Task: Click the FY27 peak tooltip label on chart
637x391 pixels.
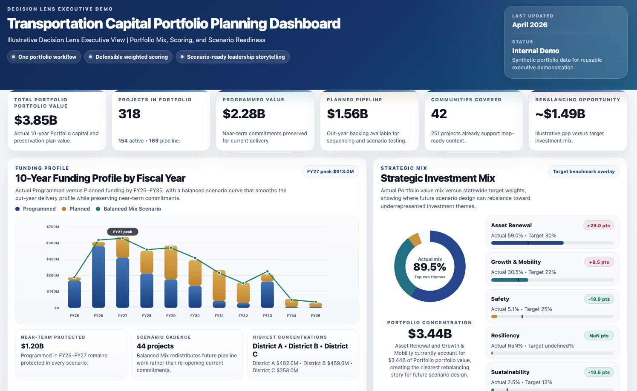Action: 123,232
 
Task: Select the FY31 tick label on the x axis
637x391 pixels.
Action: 219,316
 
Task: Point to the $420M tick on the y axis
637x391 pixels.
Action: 53,259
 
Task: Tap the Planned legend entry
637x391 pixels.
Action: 79,209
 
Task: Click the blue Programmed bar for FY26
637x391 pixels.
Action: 98,277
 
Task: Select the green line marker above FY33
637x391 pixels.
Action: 267,271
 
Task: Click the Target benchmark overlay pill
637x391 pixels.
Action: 583,171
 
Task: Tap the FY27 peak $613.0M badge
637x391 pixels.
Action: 330,171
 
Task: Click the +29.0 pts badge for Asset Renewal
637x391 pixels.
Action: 598,225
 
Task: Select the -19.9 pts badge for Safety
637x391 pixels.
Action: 599,299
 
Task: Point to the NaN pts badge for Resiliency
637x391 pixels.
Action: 599,336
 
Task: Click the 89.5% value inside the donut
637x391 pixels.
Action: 429,267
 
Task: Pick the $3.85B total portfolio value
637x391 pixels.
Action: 36,120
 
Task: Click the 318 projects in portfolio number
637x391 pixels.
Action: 130,114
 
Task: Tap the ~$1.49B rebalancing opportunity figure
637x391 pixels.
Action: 560,114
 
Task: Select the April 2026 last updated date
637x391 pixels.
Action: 530,25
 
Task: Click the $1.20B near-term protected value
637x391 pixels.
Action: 32,346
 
